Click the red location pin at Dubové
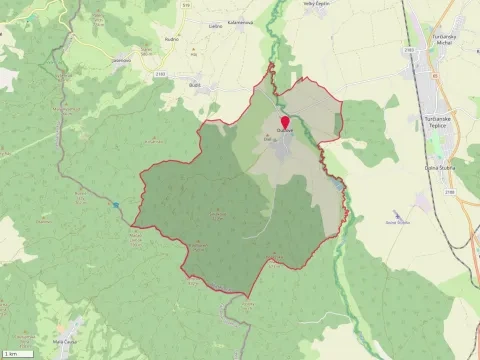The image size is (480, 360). [x=285, y=124]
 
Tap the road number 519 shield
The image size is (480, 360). [x=213, y=5]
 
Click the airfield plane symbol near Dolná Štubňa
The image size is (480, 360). [x=398, y=214]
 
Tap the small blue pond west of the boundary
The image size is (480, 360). [x=116, y=205]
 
